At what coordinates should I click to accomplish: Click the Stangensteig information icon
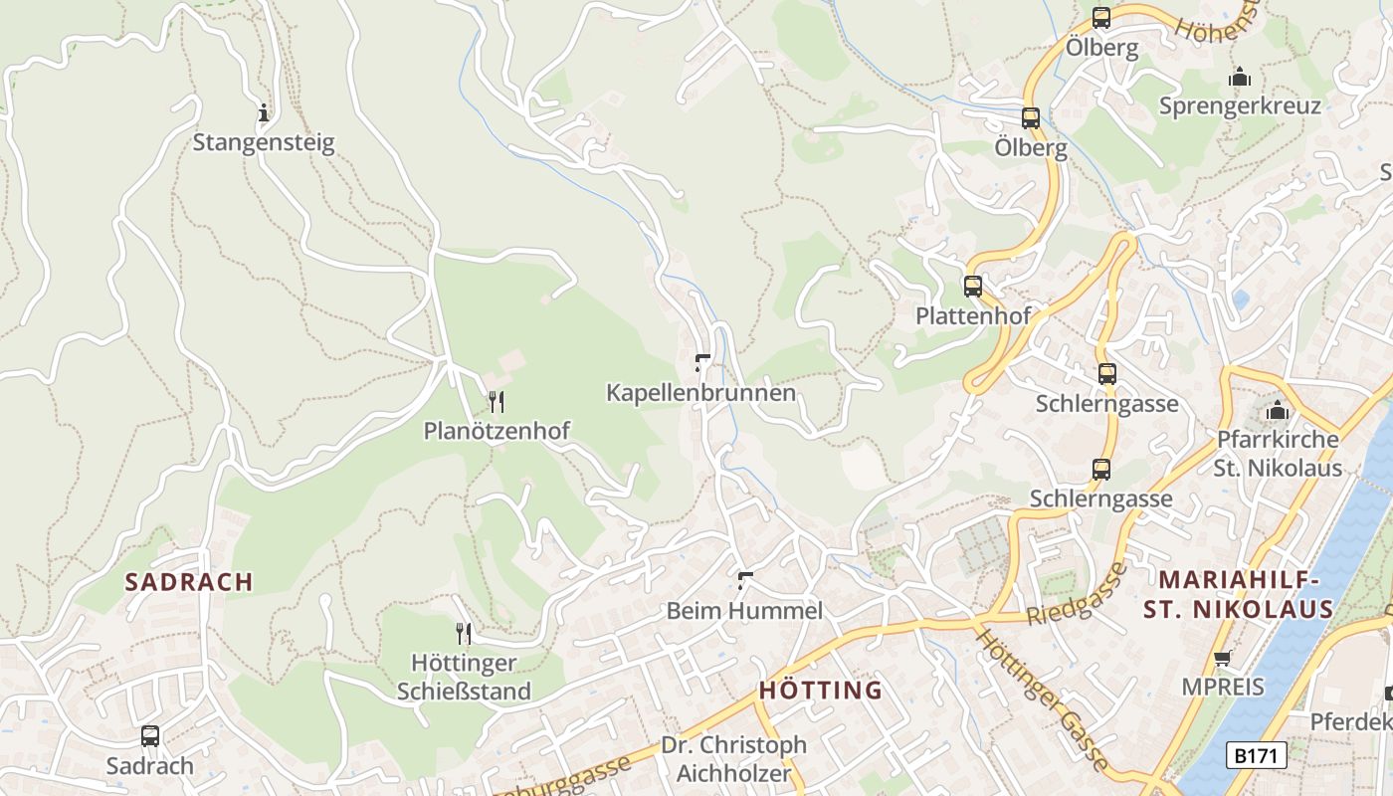click(x=264, y=112)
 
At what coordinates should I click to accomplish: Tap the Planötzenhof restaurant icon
click(x=496, y=402)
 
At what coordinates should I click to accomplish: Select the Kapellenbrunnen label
click(x=700, y=393)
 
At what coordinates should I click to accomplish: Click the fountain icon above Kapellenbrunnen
click(x=702, y=363)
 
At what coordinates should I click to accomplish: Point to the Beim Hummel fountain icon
click(x=745, y=580)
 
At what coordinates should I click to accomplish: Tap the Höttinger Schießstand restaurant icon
click(x=464, y=633)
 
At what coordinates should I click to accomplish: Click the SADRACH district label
click(x=189, y=582)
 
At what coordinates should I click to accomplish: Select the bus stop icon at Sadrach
click(x=150, y=736)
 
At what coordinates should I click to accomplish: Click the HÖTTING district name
click(x=821, y=690)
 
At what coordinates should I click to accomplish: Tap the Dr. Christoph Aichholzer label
click(x=734, y=758)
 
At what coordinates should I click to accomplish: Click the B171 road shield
click(x=1255, y=755)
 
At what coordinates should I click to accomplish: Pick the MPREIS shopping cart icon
click(x=1223, y=657)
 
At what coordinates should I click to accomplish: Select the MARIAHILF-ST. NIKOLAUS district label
click(x=1238, y=594)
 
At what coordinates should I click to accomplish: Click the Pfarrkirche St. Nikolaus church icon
click(x=1279, y=410)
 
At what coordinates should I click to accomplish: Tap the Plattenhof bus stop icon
click(x=973, y=287)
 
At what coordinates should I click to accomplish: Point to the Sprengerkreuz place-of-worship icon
click(x=1240, y=77)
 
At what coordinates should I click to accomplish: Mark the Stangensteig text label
click(x=264, y=142)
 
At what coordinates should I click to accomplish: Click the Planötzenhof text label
click(x=497, y=431)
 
